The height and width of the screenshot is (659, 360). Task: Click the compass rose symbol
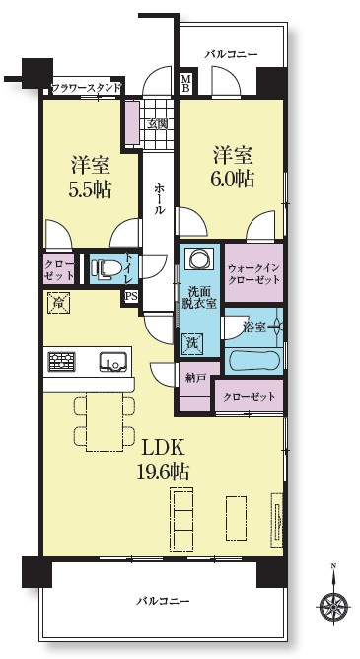click(x=333, y=605)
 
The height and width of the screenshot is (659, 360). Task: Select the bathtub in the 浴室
click(x=252, y=360)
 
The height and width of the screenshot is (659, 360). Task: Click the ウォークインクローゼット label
click(x=253, y=272)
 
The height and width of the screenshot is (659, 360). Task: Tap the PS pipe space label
click(x=130, y=295)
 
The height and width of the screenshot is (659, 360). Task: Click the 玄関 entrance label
click(x=158, y=124)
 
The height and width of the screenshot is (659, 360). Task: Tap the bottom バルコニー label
click(x=163, y=600)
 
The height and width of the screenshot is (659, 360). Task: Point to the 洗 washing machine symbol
click(x=193, y=342)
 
